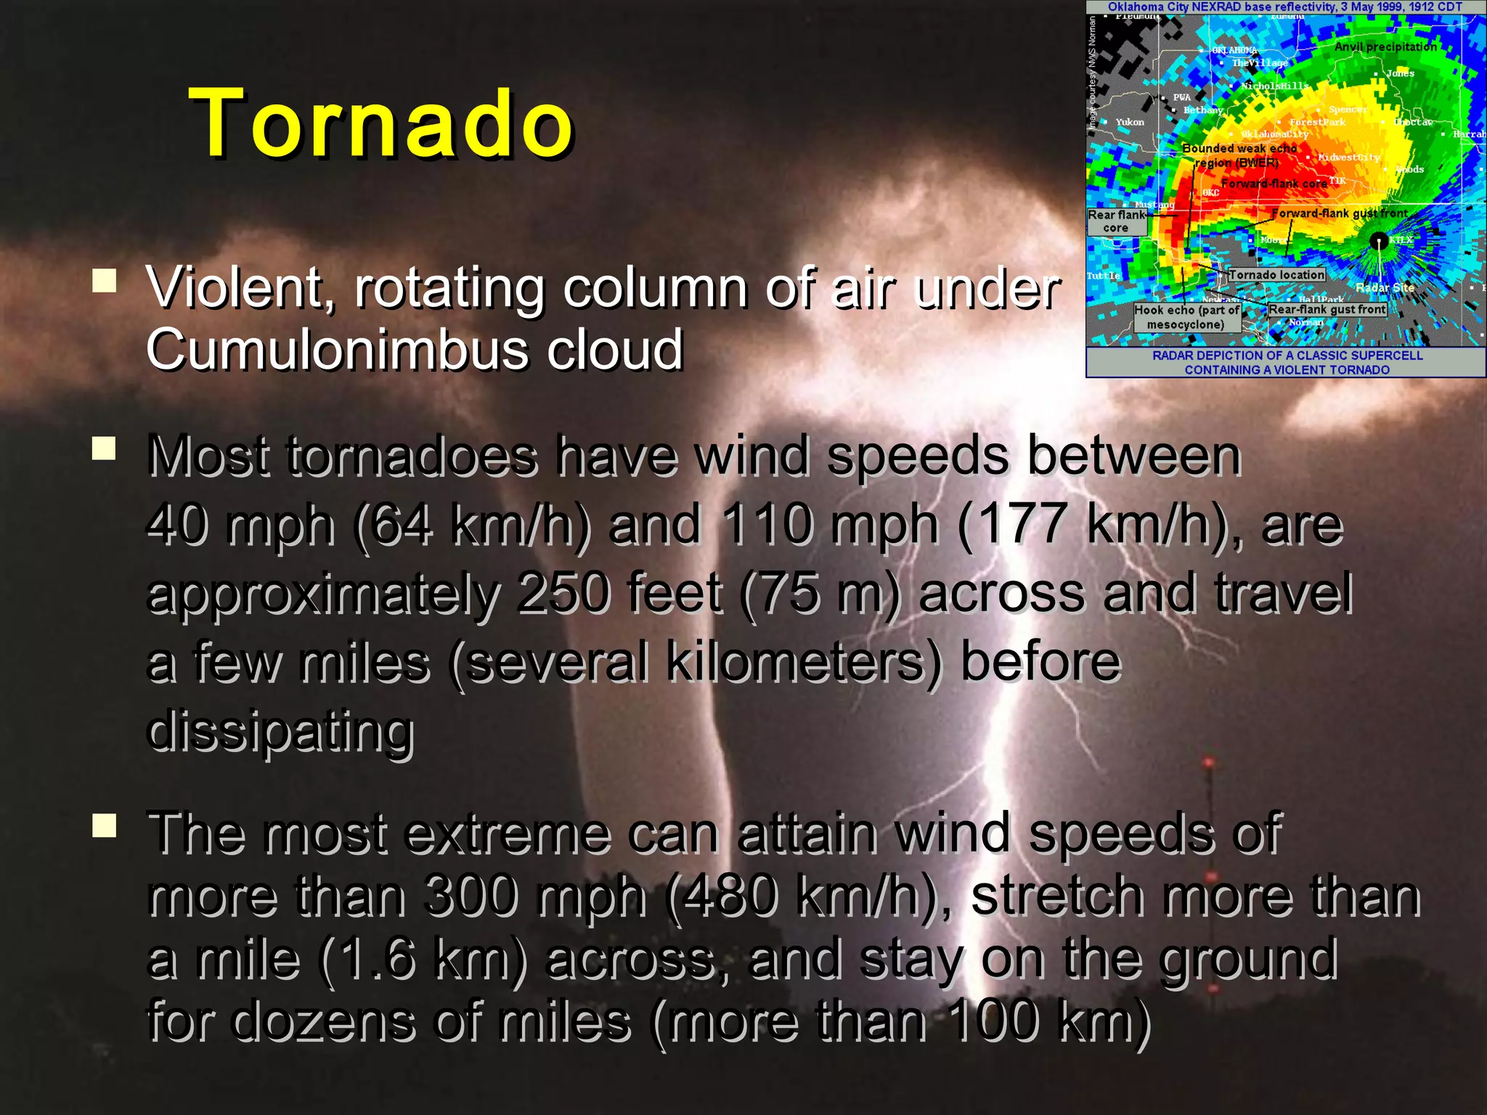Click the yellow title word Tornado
tap(381, 123)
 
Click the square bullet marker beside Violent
tap(105, 280)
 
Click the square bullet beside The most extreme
tap(105, 825)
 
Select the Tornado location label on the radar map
tap(1276, 274)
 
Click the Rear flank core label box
tap(1117, 221)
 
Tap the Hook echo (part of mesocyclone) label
tap(1186, 317)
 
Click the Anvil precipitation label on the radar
tap(1385, 47)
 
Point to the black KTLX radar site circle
tap(1377, 241)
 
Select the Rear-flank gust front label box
tap(1327, 309)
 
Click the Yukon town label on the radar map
tap(1129, 122)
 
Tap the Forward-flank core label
tap(1274, 184)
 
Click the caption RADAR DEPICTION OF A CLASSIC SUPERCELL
tap(1287, 356)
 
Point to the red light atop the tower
tap(1207, 762)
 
